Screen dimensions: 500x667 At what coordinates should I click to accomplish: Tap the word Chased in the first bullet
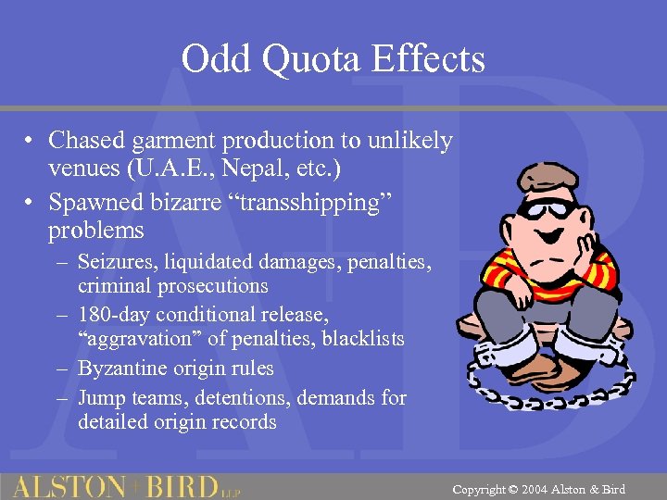tap(88, 141)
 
